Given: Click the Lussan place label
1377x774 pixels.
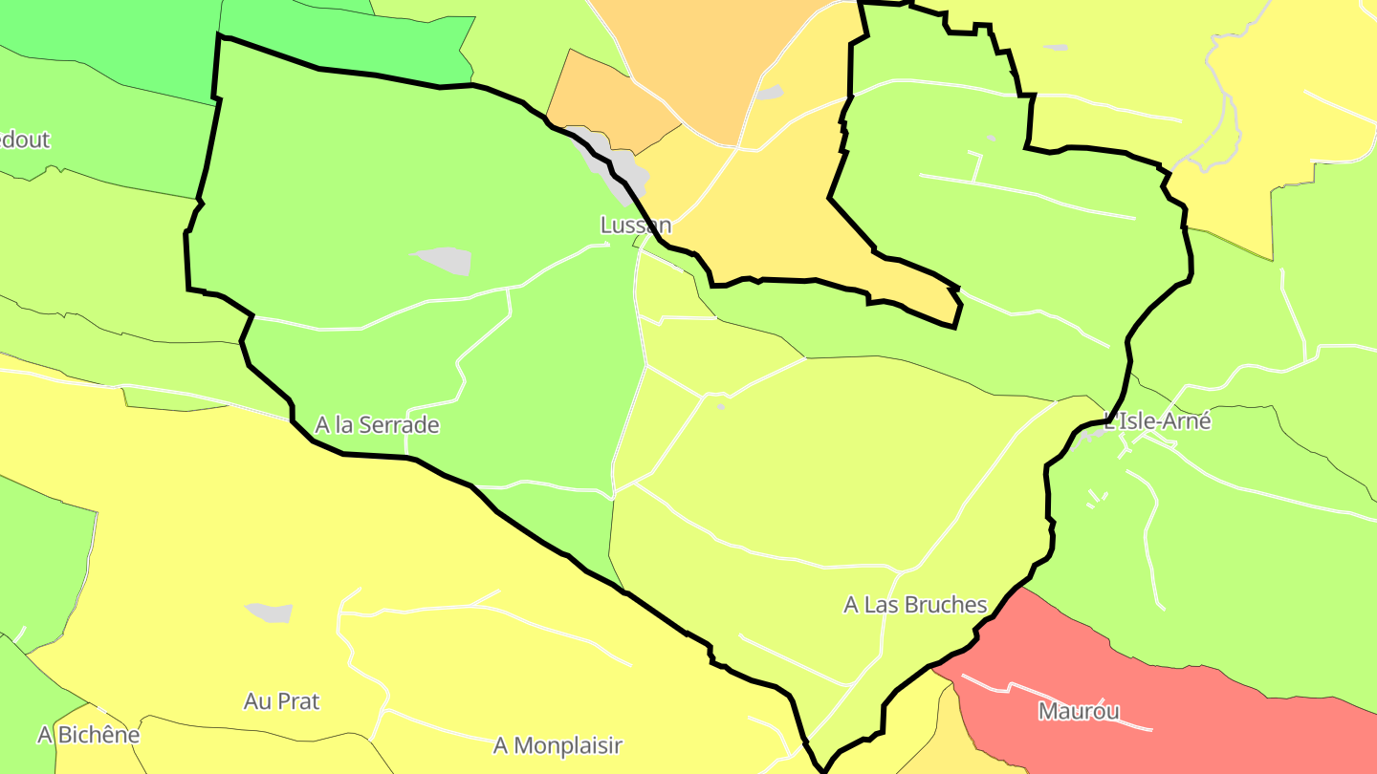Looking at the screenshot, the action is click(636, 226).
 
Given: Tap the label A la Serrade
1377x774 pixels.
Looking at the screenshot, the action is click(377, 425).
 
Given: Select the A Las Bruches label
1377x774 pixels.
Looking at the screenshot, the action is click(915, 605).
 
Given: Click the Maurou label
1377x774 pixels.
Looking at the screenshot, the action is click(1079, 711).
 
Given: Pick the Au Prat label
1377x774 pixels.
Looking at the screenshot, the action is click(281, 701).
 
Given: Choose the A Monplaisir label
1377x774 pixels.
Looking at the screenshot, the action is click(557, 745).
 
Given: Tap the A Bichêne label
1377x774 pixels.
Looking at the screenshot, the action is click(88, 735).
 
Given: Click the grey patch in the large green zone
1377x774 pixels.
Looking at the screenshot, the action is click(443, 260).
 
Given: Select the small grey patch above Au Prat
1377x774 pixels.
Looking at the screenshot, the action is click(270, 613).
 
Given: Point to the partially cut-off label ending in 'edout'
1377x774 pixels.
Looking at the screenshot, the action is click(23, 140).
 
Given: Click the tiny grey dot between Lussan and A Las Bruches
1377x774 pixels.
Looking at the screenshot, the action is click(721, 407).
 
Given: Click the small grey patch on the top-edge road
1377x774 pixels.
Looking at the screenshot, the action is click(770, 93).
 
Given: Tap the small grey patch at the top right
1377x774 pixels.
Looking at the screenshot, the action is click(1056, 47).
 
